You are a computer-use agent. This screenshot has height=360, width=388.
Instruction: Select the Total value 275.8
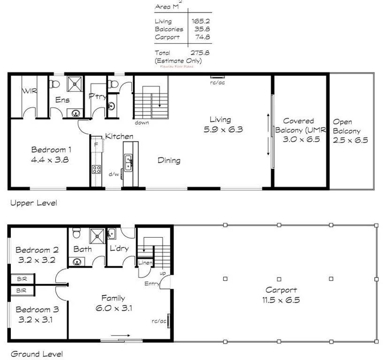tap(199, 53)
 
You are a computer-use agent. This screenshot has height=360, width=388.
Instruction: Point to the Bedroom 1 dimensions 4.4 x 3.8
tap(51, 159)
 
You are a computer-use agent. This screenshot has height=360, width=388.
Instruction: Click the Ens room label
tap(62, 100)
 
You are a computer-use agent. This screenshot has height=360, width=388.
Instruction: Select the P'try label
tap(97, 96)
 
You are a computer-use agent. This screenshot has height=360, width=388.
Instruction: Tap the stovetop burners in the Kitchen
tap(97, 170)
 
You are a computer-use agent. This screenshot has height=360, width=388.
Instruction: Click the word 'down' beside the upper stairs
tap(142, 123)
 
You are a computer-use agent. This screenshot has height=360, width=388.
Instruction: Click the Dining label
tap(169, 160)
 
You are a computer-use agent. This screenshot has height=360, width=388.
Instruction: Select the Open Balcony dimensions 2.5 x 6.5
tap(350, 140)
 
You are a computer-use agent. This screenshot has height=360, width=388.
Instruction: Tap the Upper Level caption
tap(33, 203)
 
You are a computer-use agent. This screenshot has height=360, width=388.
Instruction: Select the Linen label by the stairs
tap(145, 263)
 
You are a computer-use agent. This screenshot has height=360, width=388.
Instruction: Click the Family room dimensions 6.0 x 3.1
tap(114, 308)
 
